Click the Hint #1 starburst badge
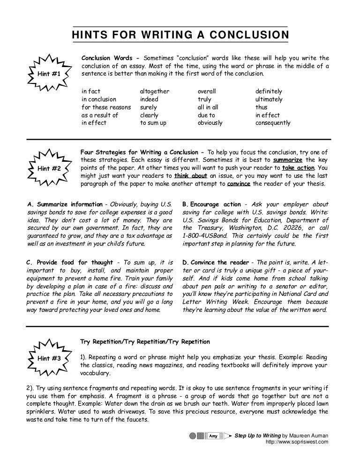[47, 74]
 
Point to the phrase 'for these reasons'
[106, 107]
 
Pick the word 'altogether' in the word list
[154, 91]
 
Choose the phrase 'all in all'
[208, 107]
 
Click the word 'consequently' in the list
[272, 123]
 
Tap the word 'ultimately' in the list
[269, 99]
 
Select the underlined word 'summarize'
[288, 160]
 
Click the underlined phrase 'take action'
[299, 168]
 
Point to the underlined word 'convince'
[239, 184]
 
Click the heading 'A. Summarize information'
[65, 204]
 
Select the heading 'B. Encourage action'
[211, 204]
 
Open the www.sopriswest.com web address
[297, 442]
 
